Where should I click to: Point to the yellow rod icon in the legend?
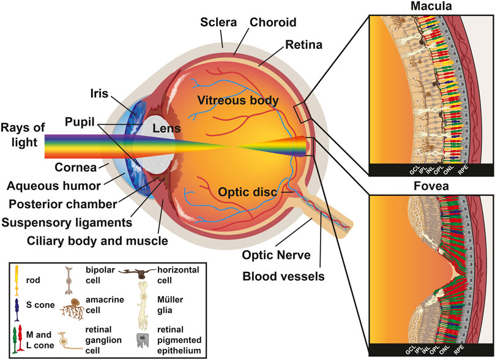tap(17, 279)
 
